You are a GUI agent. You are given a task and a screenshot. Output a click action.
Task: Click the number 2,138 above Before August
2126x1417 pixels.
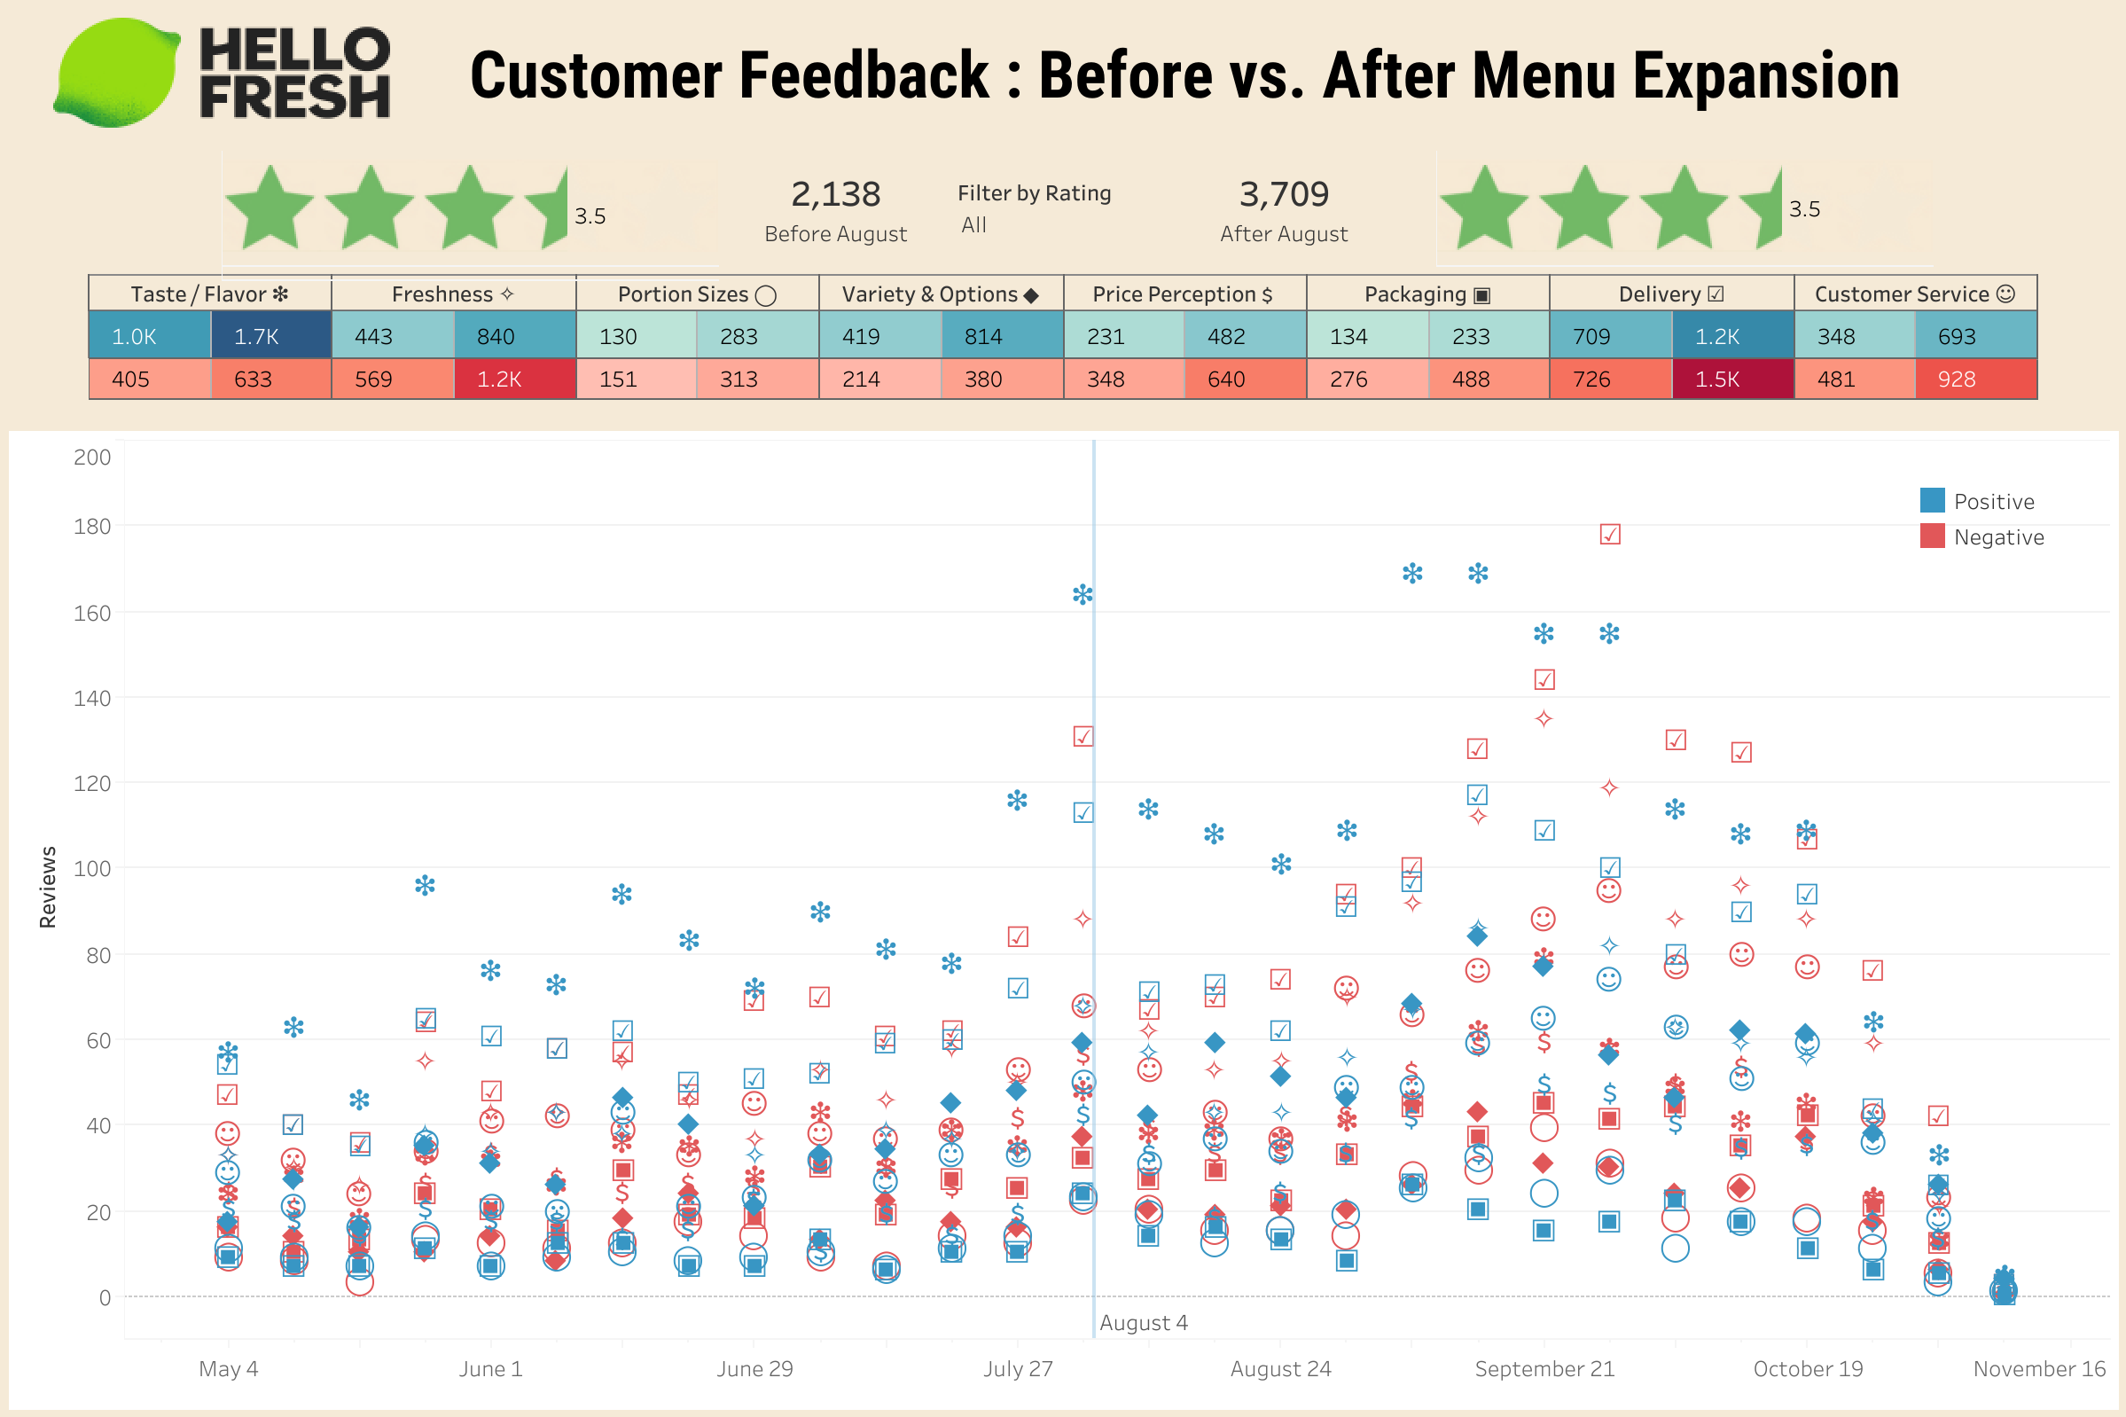[x=835, y=194]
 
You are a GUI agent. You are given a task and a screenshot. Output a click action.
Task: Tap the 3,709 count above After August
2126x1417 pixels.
[x=1283, y=194]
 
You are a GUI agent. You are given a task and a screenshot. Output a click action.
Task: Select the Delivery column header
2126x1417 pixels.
[x=1670, y=294]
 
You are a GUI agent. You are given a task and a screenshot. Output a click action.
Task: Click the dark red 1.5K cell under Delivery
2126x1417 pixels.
[x=1731, y=380]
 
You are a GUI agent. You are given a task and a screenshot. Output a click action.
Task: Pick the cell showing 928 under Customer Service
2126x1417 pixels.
[x=1975, y=380]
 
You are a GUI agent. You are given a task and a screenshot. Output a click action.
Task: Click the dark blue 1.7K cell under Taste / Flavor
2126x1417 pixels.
[x=270, y=336]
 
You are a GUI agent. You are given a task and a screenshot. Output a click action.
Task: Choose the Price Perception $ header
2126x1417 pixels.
[x=1183, y=294]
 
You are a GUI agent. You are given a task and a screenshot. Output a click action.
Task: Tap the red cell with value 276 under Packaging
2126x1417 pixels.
[x=1366, y=380]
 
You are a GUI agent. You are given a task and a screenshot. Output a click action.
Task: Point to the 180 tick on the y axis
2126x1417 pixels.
[x=92, y=526]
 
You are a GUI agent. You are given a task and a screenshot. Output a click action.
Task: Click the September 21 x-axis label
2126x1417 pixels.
[x=1544, y=1368]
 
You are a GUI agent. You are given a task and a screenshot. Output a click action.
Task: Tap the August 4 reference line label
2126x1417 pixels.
[x=1143, y=1322]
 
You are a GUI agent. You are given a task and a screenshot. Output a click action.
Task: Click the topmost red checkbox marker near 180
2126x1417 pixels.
[x=1609, y=534]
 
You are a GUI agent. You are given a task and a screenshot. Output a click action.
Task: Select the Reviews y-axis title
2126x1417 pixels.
[x=48, y=887]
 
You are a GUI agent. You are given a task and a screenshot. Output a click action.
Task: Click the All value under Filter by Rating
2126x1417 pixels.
[x=973, y=225]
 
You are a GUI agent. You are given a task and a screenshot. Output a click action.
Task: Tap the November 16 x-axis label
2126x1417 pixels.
[x=2038, y=1368]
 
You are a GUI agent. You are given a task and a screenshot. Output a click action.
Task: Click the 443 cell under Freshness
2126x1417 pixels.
[x=391, y=336]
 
